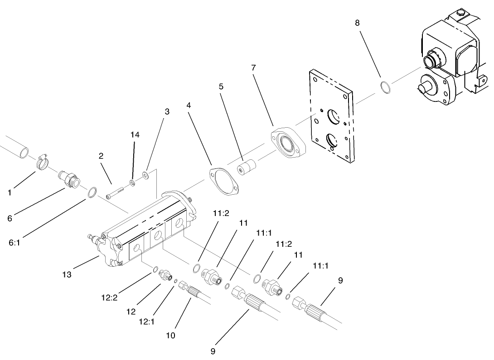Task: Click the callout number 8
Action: click(357, 23)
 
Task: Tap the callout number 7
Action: click(253, 67)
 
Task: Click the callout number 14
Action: click(135, 134)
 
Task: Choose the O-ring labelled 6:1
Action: click(91, 192)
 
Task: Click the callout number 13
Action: click(67, 274)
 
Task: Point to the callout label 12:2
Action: click(109, 298)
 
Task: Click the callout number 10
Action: click(170, 336)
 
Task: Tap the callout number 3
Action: click(167, 111)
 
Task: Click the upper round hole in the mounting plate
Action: click(334, 117)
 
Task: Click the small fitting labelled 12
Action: click(165, 275)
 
